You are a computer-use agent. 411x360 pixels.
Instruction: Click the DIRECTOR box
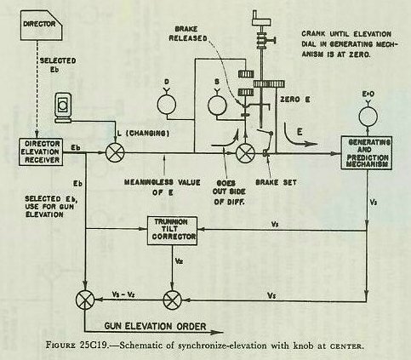[42, 25]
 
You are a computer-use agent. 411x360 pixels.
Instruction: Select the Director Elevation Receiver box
[41, 151]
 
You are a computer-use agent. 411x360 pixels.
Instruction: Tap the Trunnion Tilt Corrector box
[173, 231]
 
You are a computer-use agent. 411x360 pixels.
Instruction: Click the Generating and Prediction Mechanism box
[366, 153]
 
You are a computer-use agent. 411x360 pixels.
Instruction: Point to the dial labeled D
[167, 104]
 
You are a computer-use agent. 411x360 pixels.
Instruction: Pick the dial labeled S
[217, 105]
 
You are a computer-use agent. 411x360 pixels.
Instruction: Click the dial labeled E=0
[368, 116]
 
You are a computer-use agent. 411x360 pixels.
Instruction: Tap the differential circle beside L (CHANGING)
[115, 152]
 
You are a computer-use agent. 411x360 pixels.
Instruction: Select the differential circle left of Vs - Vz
[85, 300]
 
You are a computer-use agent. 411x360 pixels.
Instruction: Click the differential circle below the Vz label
[173, 300]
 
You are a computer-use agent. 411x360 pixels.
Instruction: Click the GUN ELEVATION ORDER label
[155, 326]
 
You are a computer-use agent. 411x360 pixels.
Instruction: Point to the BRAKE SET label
[276, 182]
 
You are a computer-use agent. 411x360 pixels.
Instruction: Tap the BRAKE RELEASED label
[188, 33]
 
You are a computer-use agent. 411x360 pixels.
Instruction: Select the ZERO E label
[295, 100]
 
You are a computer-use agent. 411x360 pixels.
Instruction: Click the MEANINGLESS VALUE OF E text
[163, 187]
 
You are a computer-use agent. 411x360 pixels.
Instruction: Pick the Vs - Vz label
[123, 294]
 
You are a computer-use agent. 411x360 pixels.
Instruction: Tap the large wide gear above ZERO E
[269, 84]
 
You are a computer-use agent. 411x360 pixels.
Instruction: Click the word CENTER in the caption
[345, 346]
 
